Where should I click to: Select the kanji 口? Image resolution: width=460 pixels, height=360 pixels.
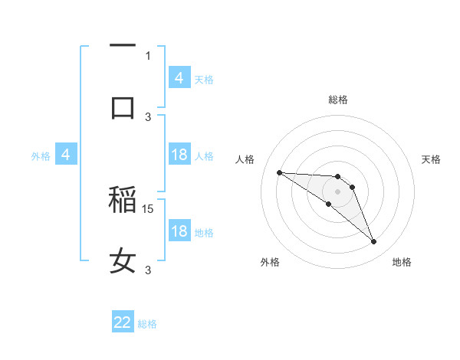pos(123,107)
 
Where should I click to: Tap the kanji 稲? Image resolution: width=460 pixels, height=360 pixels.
pos(123,201)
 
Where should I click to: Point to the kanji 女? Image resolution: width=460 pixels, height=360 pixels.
pos(123,261)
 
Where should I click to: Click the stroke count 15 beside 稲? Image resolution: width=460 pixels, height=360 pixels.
pos(149,208)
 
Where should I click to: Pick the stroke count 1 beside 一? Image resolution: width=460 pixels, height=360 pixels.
pos(148,55)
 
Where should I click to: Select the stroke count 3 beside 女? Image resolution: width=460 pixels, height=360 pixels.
pos(149,270)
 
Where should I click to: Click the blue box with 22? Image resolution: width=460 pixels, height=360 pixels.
pos(123,322)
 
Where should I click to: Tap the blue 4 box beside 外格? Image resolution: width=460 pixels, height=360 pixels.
pos(66,155)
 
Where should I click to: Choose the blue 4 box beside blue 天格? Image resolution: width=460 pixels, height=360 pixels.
pos(179,77)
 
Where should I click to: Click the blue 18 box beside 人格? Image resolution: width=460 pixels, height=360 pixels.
pos(179,155)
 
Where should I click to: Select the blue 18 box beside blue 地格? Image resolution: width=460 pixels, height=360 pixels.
pos(179,231)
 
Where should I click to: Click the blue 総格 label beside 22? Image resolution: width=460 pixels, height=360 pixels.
pos(147,324)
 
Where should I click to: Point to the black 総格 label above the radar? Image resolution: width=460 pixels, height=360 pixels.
pos(338,100)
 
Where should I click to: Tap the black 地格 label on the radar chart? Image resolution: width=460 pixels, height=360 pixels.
pos(402,262)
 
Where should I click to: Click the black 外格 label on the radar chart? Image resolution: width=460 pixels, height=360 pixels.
pos(270,262)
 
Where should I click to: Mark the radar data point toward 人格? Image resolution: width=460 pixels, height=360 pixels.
pos(279,172)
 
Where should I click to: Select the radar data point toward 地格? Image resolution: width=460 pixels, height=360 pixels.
pos(374,242)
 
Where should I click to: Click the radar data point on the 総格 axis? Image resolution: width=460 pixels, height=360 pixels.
pos(338,176)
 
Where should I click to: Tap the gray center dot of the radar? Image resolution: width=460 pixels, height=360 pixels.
pos(338,191)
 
